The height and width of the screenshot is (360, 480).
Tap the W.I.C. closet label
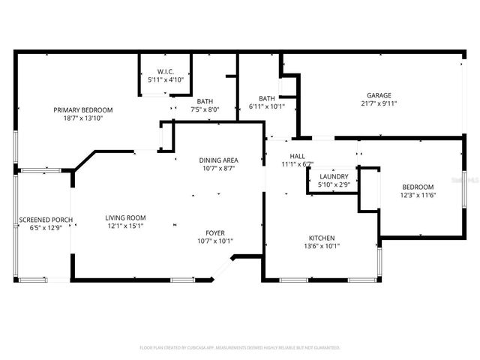point(166,71)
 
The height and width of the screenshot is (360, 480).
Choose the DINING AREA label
point(218,160)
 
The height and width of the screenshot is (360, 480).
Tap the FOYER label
point(215,232)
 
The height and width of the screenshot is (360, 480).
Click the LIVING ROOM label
point(124,217)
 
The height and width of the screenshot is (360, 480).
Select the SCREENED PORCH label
point(46,220)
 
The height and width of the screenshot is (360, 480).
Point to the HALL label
point(297,155)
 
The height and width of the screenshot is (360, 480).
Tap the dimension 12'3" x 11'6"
point(417,195)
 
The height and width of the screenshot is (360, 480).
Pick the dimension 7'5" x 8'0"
point(204,109)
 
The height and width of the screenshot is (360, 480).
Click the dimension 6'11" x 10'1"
point(267,106)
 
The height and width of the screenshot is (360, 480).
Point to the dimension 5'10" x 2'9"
point(333,184)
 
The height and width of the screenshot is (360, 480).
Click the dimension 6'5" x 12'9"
point(46,228)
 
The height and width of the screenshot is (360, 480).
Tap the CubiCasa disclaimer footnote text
point(240,347)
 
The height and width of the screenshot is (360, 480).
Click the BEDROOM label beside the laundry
point(417,187)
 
